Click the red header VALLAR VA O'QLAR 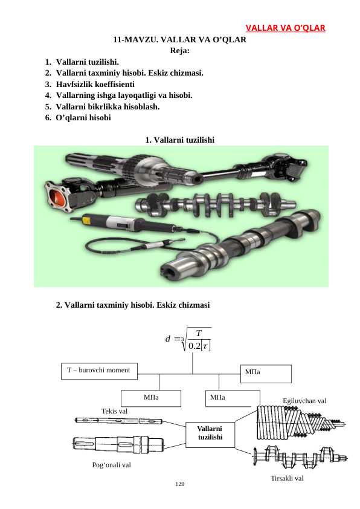[286, 28]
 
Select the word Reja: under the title [179, 51]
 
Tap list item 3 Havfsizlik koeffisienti [90, 85]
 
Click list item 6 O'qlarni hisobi [78, 117]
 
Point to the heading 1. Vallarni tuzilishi [179, 140]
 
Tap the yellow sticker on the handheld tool [86, 221]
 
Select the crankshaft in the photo [216, 205]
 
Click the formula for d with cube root [188, 340]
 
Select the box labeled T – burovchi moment [99, 371]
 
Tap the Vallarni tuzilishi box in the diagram [210, 435]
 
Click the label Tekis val [115, 411]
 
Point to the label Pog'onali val [112, 465]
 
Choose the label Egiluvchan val [304, 401]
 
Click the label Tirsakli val [288, 478]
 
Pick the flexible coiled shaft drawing [301, 423]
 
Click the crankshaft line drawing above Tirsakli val [300, 457]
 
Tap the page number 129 [179, 484]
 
